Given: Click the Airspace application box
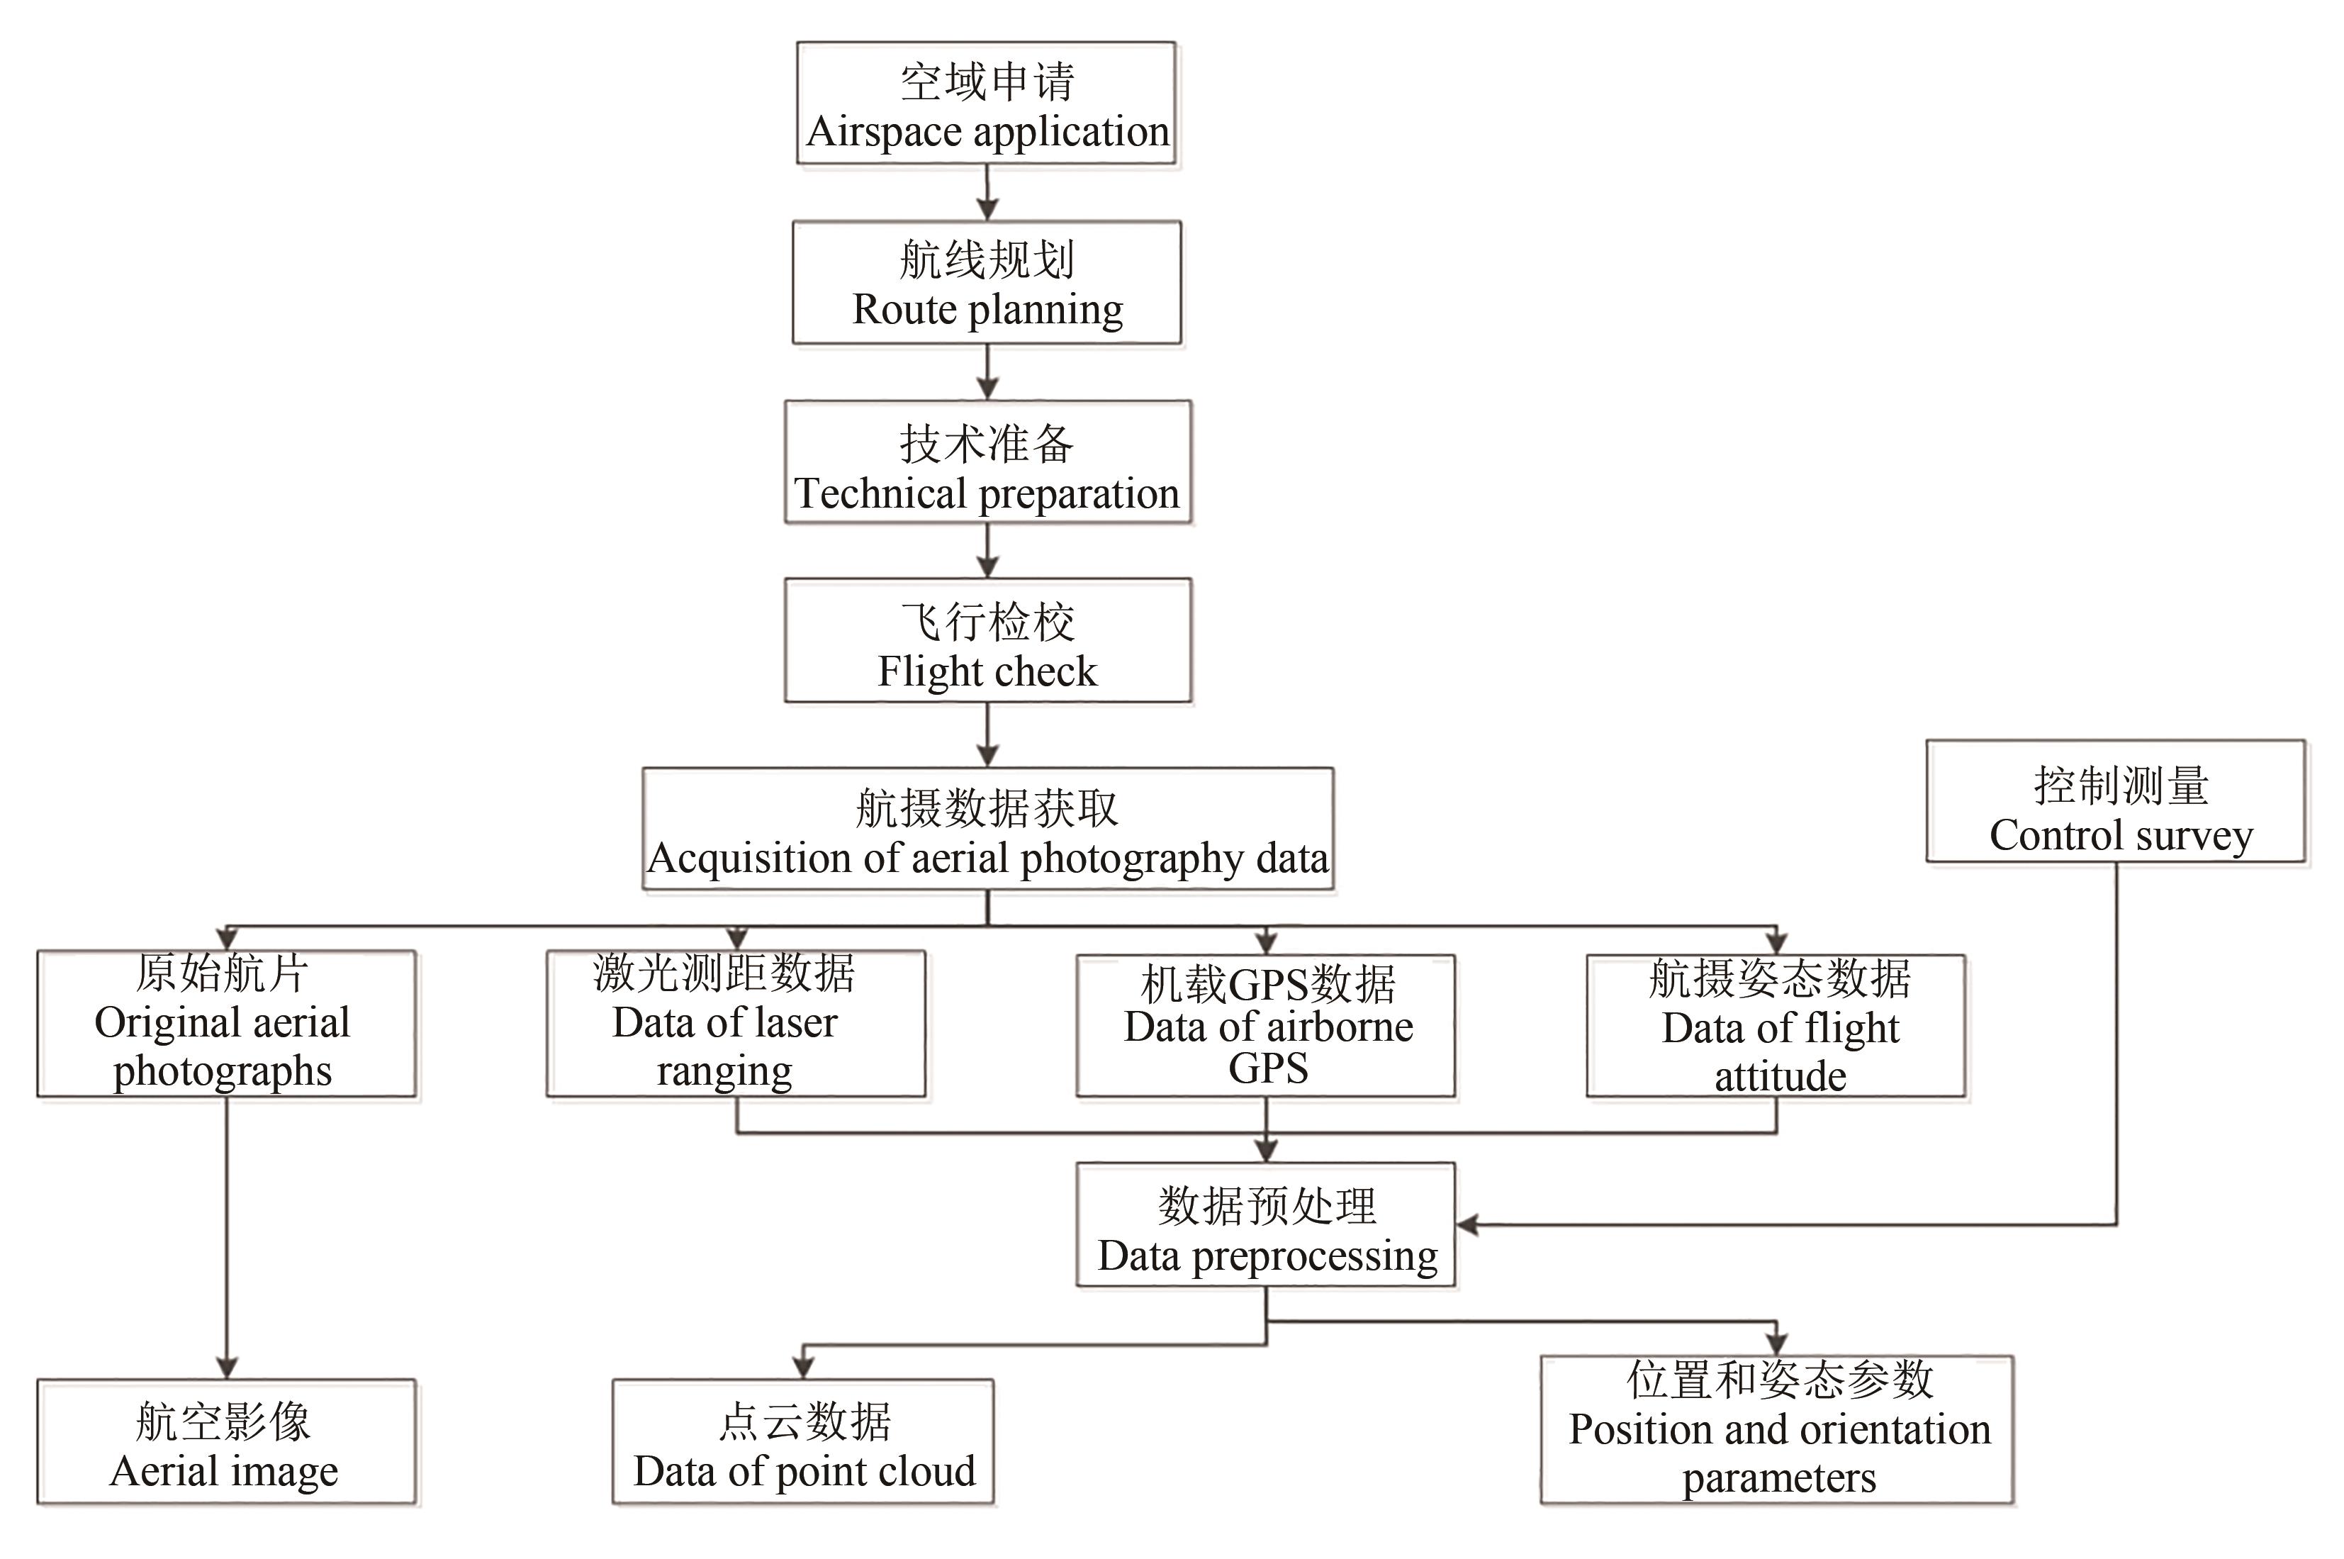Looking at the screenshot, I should click(x=986, y=104).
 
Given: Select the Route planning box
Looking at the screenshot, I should click(x=986, y=284).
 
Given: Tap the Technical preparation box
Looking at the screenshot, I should click(x=987, y=462).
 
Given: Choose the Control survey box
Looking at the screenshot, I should click(x=2114, y=801).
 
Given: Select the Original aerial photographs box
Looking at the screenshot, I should click(x=227, y=1024).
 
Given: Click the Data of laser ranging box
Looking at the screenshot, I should click(x=736, y=1024).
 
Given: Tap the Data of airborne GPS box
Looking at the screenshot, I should click(x=1265, y=1026).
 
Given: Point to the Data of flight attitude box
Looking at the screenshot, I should click(x=1776, y=1026).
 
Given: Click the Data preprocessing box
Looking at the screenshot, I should click(x=1265, y=1225).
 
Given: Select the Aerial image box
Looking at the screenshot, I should click(x=227, y=1442).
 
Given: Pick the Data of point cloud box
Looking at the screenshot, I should click(x=803, y=1442).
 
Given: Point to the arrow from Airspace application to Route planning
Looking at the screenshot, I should click(x=986, y=194).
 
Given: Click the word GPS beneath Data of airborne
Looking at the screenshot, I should click(x=1267, y=1069).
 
